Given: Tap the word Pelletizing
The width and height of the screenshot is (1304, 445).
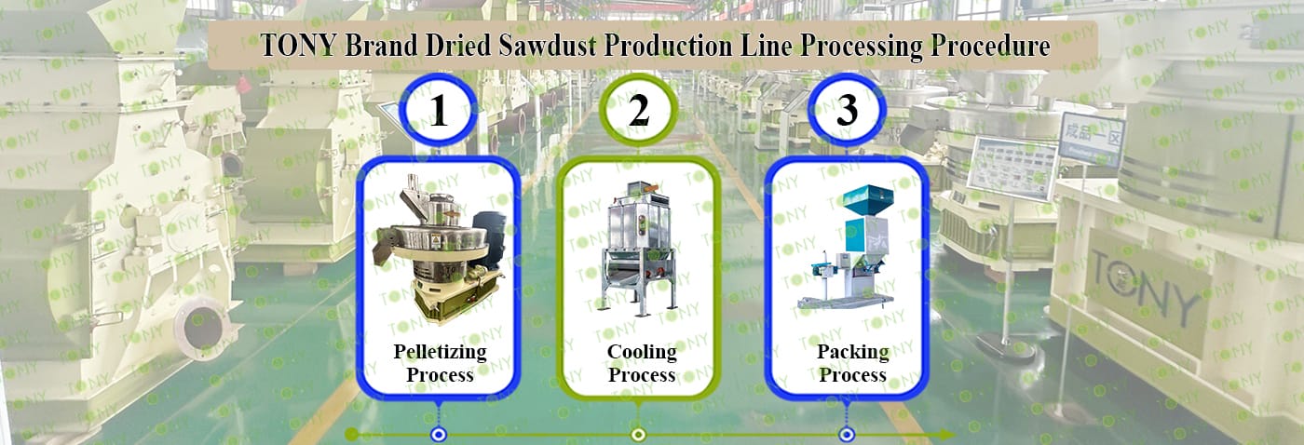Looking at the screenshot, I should point(440,352).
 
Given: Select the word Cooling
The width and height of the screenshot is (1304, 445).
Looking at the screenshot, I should point(642,352).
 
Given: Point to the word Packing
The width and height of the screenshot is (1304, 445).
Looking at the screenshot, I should point(852,352).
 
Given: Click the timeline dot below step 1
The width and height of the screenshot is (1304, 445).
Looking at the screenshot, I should point(437,434).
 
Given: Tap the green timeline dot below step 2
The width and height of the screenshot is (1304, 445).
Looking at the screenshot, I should point(638,434).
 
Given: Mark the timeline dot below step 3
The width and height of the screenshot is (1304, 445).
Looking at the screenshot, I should point(846,434).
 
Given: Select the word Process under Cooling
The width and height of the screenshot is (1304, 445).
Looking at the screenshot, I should point(642,375).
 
